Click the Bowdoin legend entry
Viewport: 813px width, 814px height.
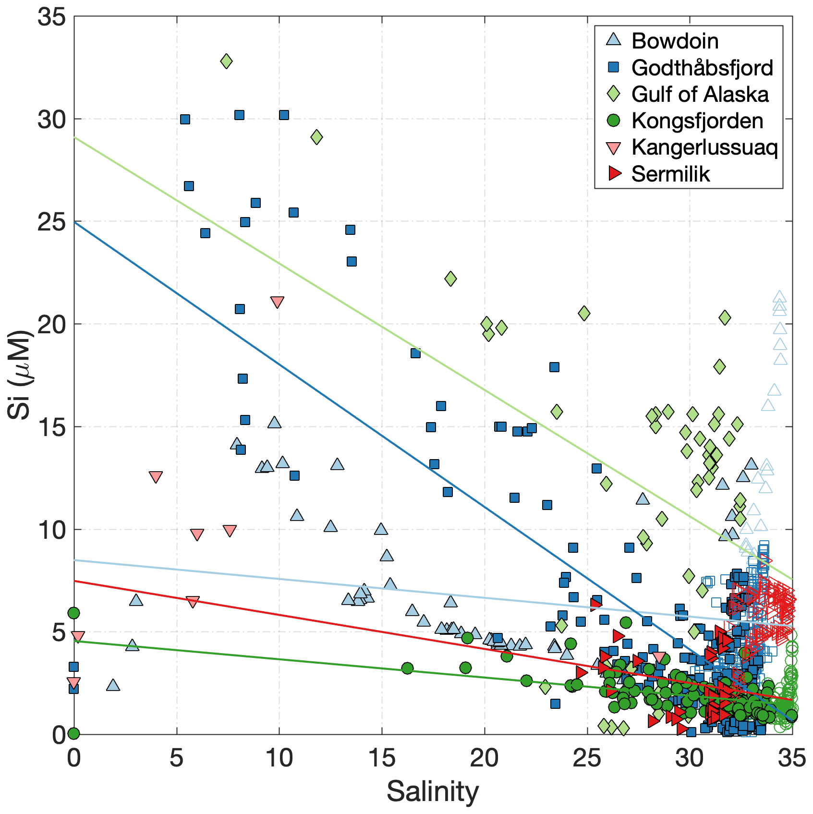(674, 41)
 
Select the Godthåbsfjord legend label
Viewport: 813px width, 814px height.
(702, 68)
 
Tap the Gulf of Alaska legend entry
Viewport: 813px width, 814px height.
(699, 94)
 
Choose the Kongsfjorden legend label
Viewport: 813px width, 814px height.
(697, 121)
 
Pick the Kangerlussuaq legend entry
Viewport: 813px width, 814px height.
(704, 147)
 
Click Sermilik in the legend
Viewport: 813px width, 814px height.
(670, 174)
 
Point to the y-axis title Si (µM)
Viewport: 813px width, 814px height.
(20, 374)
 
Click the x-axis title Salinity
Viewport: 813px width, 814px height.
(433, 791)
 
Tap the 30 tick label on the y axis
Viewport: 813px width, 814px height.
(51, 119)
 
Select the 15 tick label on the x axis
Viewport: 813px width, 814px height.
(382, 759)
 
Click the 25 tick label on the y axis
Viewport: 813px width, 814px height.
(51, 222)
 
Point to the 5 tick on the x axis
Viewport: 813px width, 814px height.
(177, 759)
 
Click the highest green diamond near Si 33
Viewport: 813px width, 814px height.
(226, 61)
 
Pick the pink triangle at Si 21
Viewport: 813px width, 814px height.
(277, 302)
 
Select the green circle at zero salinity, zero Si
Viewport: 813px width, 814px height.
(73, 733)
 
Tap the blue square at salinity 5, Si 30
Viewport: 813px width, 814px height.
(185, 119)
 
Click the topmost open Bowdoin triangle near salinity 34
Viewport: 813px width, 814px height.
(779, 297)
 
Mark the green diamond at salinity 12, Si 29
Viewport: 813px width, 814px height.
(316, 137)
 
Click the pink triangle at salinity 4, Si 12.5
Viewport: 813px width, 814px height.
(156, 477)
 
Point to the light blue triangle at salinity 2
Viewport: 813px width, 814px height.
(113, 685)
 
